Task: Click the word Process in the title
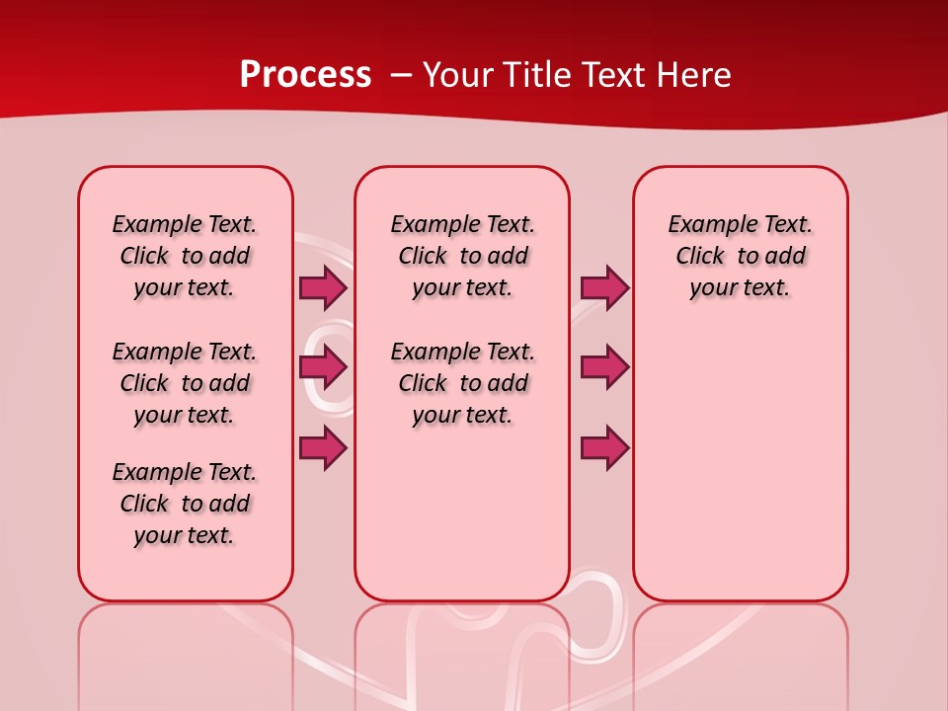point(305,75)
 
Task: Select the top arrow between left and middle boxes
point(323,288)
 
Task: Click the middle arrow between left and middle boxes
point(323,367)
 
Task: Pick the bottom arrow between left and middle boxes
point(323,448)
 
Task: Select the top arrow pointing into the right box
point(604,288)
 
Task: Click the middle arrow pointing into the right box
point(604,367)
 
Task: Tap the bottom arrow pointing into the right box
point(604,448)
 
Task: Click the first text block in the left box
point(185,256)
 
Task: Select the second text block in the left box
point(185,383)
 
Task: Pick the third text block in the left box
point(185,504)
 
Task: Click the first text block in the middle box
point(462,256)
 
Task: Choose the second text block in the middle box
point(462,383)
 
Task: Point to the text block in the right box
point(740,256)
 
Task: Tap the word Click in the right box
point(700,257)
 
